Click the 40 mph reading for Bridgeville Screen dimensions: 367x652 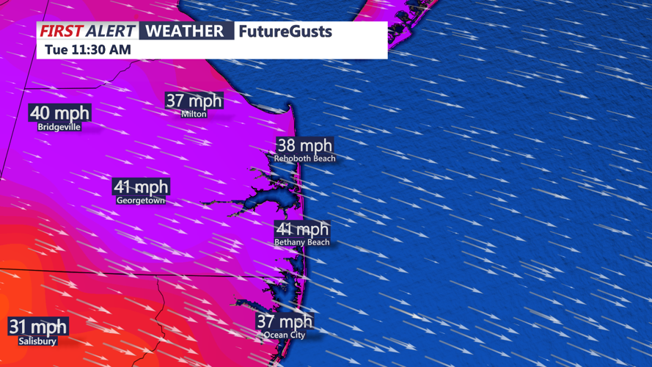[x=59, y=113]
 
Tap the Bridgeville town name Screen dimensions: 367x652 [x=59, y=127]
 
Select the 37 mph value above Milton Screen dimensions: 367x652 [x=194, y=101]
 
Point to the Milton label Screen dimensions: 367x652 [x=194, y=114]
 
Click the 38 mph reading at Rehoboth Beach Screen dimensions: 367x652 [x=304, y=145]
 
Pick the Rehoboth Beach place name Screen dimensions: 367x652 [x=304, y=159]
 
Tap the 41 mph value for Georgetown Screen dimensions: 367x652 [x=141, y=187]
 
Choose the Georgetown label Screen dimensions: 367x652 [x=141, y=200]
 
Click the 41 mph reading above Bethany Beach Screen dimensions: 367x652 [x=302, y=230]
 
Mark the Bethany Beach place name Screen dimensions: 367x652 [x=302, y=242]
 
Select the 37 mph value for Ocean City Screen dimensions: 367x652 [x=285, y=321]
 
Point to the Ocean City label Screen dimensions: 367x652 [x=285, y=335]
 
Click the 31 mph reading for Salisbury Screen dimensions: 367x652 [x=38, y=327]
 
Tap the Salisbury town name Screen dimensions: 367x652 [x=38, y=341]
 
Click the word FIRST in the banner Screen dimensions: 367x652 [x=61, y=31]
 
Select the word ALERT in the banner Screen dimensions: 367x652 [x=111, y=31]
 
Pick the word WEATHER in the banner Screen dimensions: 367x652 [x=185, y=31]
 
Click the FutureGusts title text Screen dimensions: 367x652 [x=285, y=32]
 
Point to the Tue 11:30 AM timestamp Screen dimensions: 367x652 [x=87, y=50]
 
